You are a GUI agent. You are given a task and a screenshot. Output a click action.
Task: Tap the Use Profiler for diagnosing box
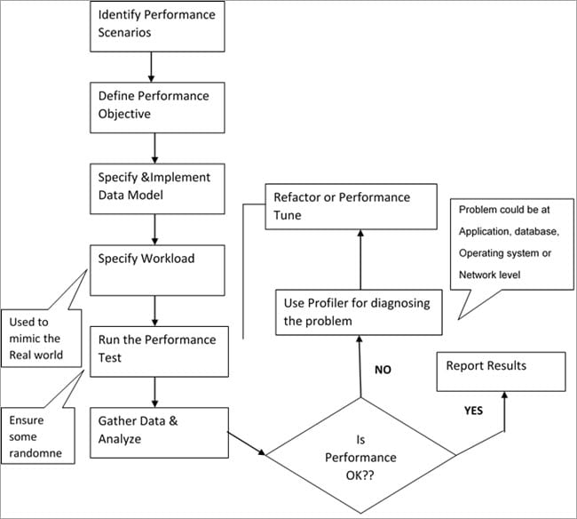358,312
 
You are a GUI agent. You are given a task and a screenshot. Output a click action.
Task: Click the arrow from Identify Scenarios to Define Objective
155,65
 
